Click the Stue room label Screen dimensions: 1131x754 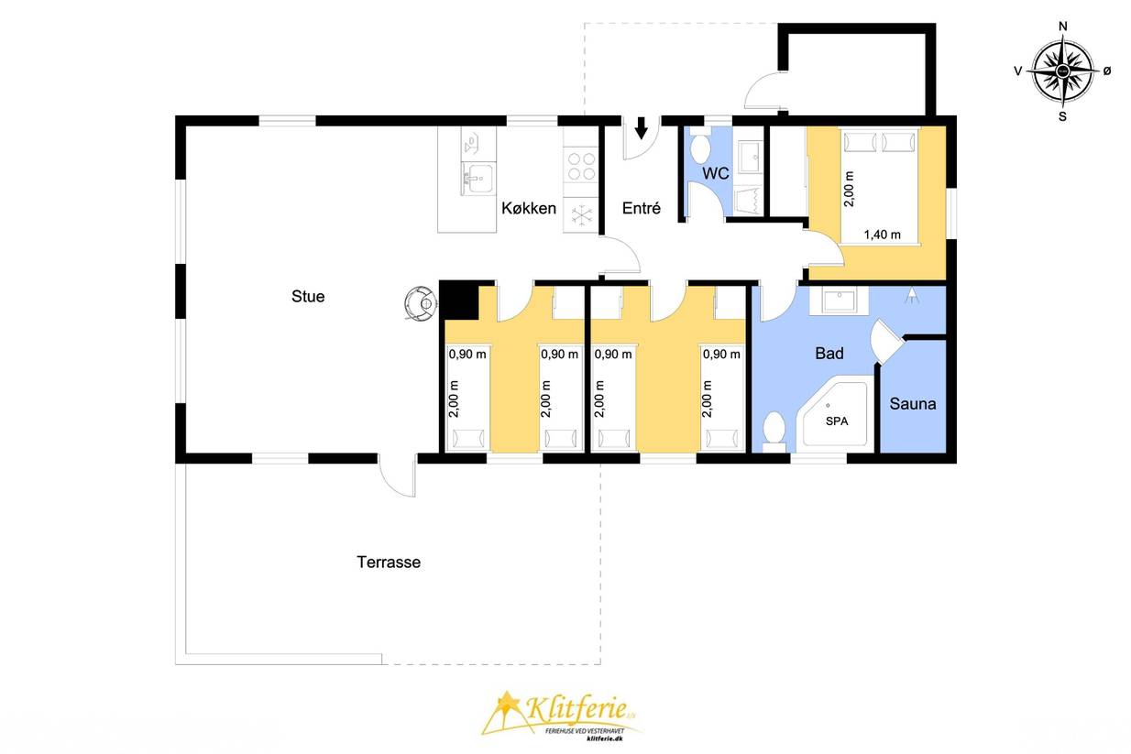point(307,296)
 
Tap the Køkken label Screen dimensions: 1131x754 point(529,208)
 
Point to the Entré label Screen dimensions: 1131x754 point(642,208)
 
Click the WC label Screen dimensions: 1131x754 point(716,173)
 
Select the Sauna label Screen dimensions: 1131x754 point(912,404)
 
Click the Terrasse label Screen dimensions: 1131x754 point(389,563)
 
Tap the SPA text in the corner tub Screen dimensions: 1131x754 point(837,421)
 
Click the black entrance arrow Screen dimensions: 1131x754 point(642,127)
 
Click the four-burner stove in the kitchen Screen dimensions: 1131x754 point(581,166)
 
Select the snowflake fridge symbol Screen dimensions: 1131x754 point(582,215)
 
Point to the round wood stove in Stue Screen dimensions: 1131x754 point(420,303)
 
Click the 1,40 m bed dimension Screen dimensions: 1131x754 point(882,235)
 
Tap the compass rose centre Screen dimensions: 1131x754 point(1062,71)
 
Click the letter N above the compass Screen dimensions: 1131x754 point(1062,27)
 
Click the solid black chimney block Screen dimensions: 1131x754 point(459,301)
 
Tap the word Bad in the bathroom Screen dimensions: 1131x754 point(829,354)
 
